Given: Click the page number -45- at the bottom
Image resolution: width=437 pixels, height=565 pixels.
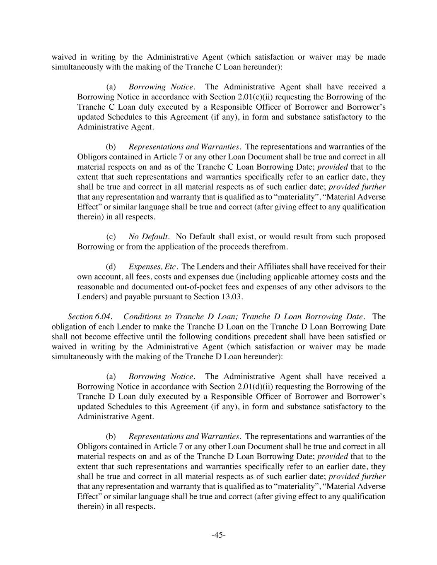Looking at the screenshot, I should tap(218, 535).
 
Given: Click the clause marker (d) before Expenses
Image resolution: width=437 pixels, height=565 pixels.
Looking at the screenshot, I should tap(111, 267).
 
